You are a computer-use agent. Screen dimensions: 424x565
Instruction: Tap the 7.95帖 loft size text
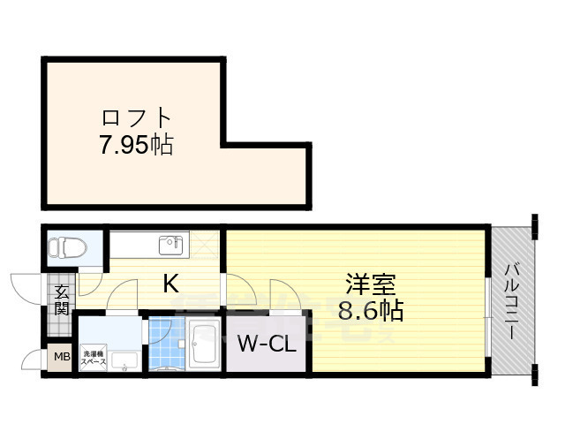(x=135, y=143)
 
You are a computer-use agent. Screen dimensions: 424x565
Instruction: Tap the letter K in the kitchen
(x=171, y=284)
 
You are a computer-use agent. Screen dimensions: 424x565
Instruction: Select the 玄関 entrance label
(x=61, y=299)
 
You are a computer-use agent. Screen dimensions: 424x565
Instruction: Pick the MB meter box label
(x=61, y=358)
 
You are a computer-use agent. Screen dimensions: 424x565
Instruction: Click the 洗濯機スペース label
(x=95, y=357)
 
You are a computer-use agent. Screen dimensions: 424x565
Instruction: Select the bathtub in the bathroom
(x=204, y=349)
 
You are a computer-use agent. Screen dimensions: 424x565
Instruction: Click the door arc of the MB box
(x=34, y=359)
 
